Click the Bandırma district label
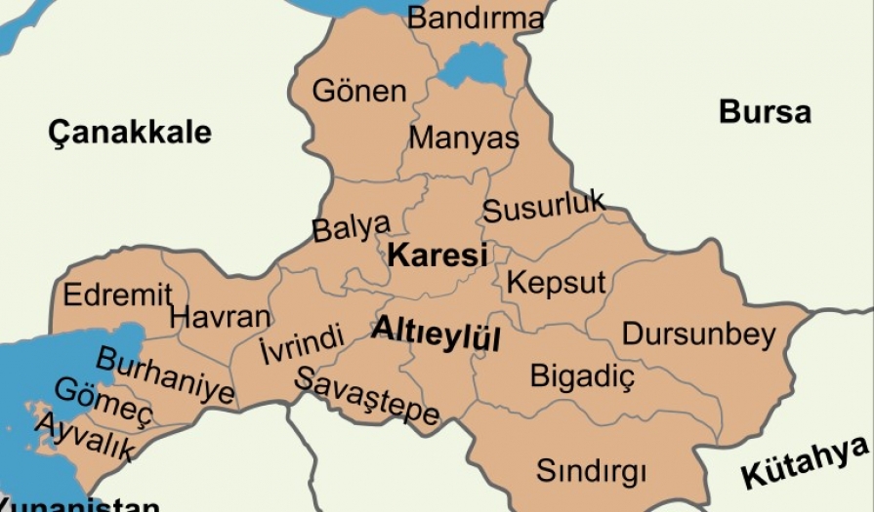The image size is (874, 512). coord(475,19)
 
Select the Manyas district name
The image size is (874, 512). coord(463,138)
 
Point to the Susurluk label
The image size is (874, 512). coord(544,207)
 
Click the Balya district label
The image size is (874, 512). coord(351,227)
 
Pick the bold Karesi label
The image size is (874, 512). coord(437,256)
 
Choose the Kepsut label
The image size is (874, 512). coord(557,284)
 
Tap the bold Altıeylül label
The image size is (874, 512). coord(436,334)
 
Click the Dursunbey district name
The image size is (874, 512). coord(698,334)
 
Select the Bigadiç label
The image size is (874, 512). coord(582,375)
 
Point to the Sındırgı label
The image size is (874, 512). coord(591,472)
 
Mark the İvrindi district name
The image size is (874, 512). coord(302,345)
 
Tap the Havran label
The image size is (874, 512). coord(220,317)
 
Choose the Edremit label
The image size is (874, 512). coord(117,294)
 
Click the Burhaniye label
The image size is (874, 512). coord(165,376)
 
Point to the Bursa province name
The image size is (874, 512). coord(765,111)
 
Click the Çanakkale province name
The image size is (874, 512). coord(130,132)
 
